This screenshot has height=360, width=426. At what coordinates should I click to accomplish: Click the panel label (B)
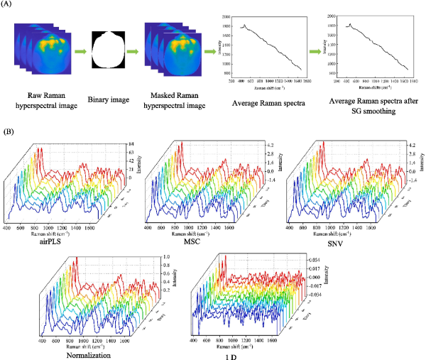9,131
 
